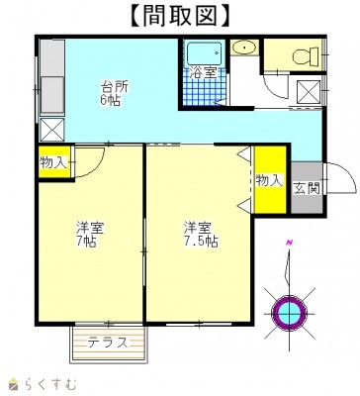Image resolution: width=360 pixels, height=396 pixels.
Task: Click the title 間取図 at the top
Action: coord(180,16)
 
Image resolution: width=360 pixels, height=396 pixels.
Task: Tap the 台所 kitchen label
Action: coord(114,87)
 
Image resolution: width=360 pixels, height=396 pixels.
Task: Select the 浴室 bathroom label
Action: coord(204,73)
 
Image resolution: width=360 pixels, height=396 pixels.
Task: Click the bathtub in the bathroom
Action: coord(204,54)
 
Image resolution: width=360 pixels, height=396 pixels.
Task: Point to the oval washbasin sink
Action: coord(244,49)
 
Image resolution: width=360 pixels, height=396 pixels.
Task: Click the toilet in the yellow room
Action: coord(306,55)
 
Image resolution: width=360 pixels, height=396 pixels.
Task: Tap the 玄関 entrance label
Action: coord(307,188)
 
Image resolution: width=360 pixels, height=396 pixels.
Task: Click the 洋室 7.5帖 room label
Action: coord(201,235)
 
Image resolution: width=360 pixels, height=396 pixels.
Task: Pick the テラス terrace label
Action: coord(108,343)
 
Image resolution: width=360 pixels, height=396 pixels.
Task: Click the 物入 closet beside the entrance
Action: coord(270,180)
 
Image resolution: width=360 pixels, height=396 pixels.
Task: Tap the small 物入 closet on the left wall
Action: coord(53,162)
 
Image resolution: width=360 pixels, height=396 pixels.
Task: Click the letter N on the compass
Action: coord(290,244)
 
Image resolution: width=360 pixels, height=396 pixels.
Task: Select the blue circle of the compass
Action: coord(289,312)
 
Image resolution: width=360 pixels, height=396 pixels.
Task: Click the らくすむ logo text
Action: coord(50,384)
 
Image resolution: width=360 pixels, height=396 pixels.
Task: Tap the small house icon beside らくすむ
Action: coord(15,384)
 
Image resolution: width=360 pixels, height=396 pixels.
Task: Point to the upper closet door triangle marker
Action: coord(245,153)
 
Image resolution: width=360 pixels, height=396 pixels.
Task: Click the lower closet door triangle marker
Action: coord(245,206)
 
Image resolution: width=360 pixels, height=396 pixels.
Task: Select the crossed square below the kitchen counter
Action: coord(51,130)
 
